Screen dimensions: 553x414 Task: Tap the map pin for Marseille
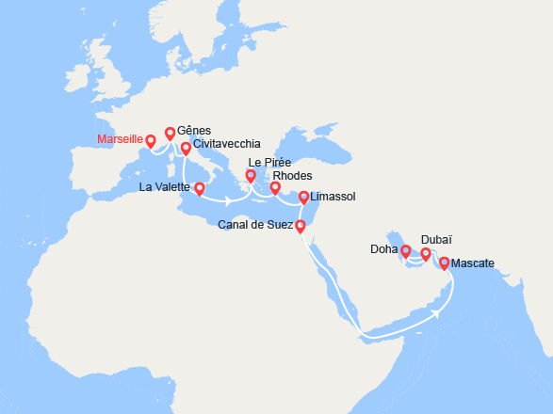(151, 142)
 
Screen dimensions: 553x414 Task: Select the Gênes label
(193, 131)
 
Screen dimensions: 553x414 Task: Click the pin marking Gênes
(171, 134)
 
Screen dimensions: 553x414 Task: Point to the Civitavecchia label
(227, 146)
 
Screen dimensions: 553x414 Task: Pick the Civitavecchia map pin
(186, 149)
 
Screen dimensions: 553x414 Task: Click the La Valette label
(165, 187)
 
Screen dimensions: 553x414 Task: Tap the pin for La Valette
(199, 188)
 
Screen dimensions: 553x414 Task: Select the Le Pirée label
(268, 162)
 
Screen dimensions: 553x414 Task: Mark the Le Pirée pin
(252, 176)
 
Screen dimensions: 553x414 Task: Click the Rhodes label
(292, 176)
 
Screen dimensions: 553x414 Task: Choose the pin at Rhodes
(275, 188)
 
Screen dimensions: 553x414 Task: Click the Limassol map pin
(303, 197)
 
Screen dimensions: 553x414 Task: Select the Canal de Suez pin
(301, 226)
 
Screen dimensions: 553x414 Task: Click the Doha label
(382, 250)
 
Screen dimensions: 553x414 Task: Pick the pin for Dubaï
(426, 254)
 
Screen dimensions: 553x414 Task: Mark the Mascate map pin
(445, 263)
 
